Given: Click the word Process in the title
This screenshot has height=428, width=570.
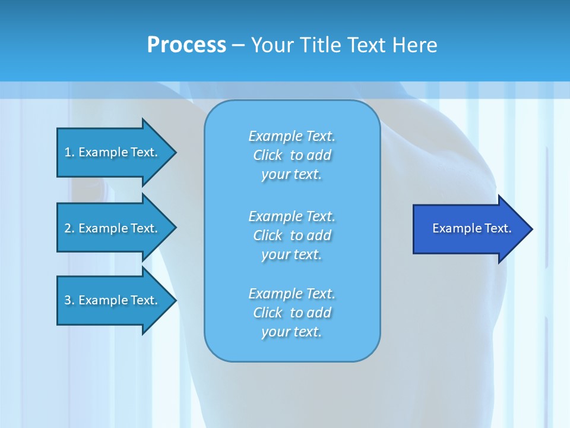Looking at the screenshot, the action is click(186, 45).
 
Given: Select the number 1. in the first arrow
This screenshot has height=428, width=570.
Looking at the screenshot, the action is click(69, 152).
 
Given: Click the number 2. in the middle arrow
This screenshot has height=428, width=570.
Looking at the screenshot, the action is click(69, 228).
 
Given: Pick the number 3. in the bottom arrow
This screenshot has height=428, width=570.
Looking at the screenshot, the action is click(69, 300).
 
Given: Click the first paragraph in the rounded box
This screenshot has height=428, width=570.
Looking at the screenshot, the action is click(292, 155).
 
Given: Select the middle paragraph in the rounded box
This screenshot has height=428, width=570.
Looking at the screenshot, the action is click(292, 235).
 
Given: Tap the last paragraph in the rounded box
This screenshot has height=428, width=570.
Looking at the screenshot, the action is click(292, 313).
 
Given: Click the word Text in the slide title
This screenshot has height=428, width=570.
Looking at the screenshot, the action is click(368, 45).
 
